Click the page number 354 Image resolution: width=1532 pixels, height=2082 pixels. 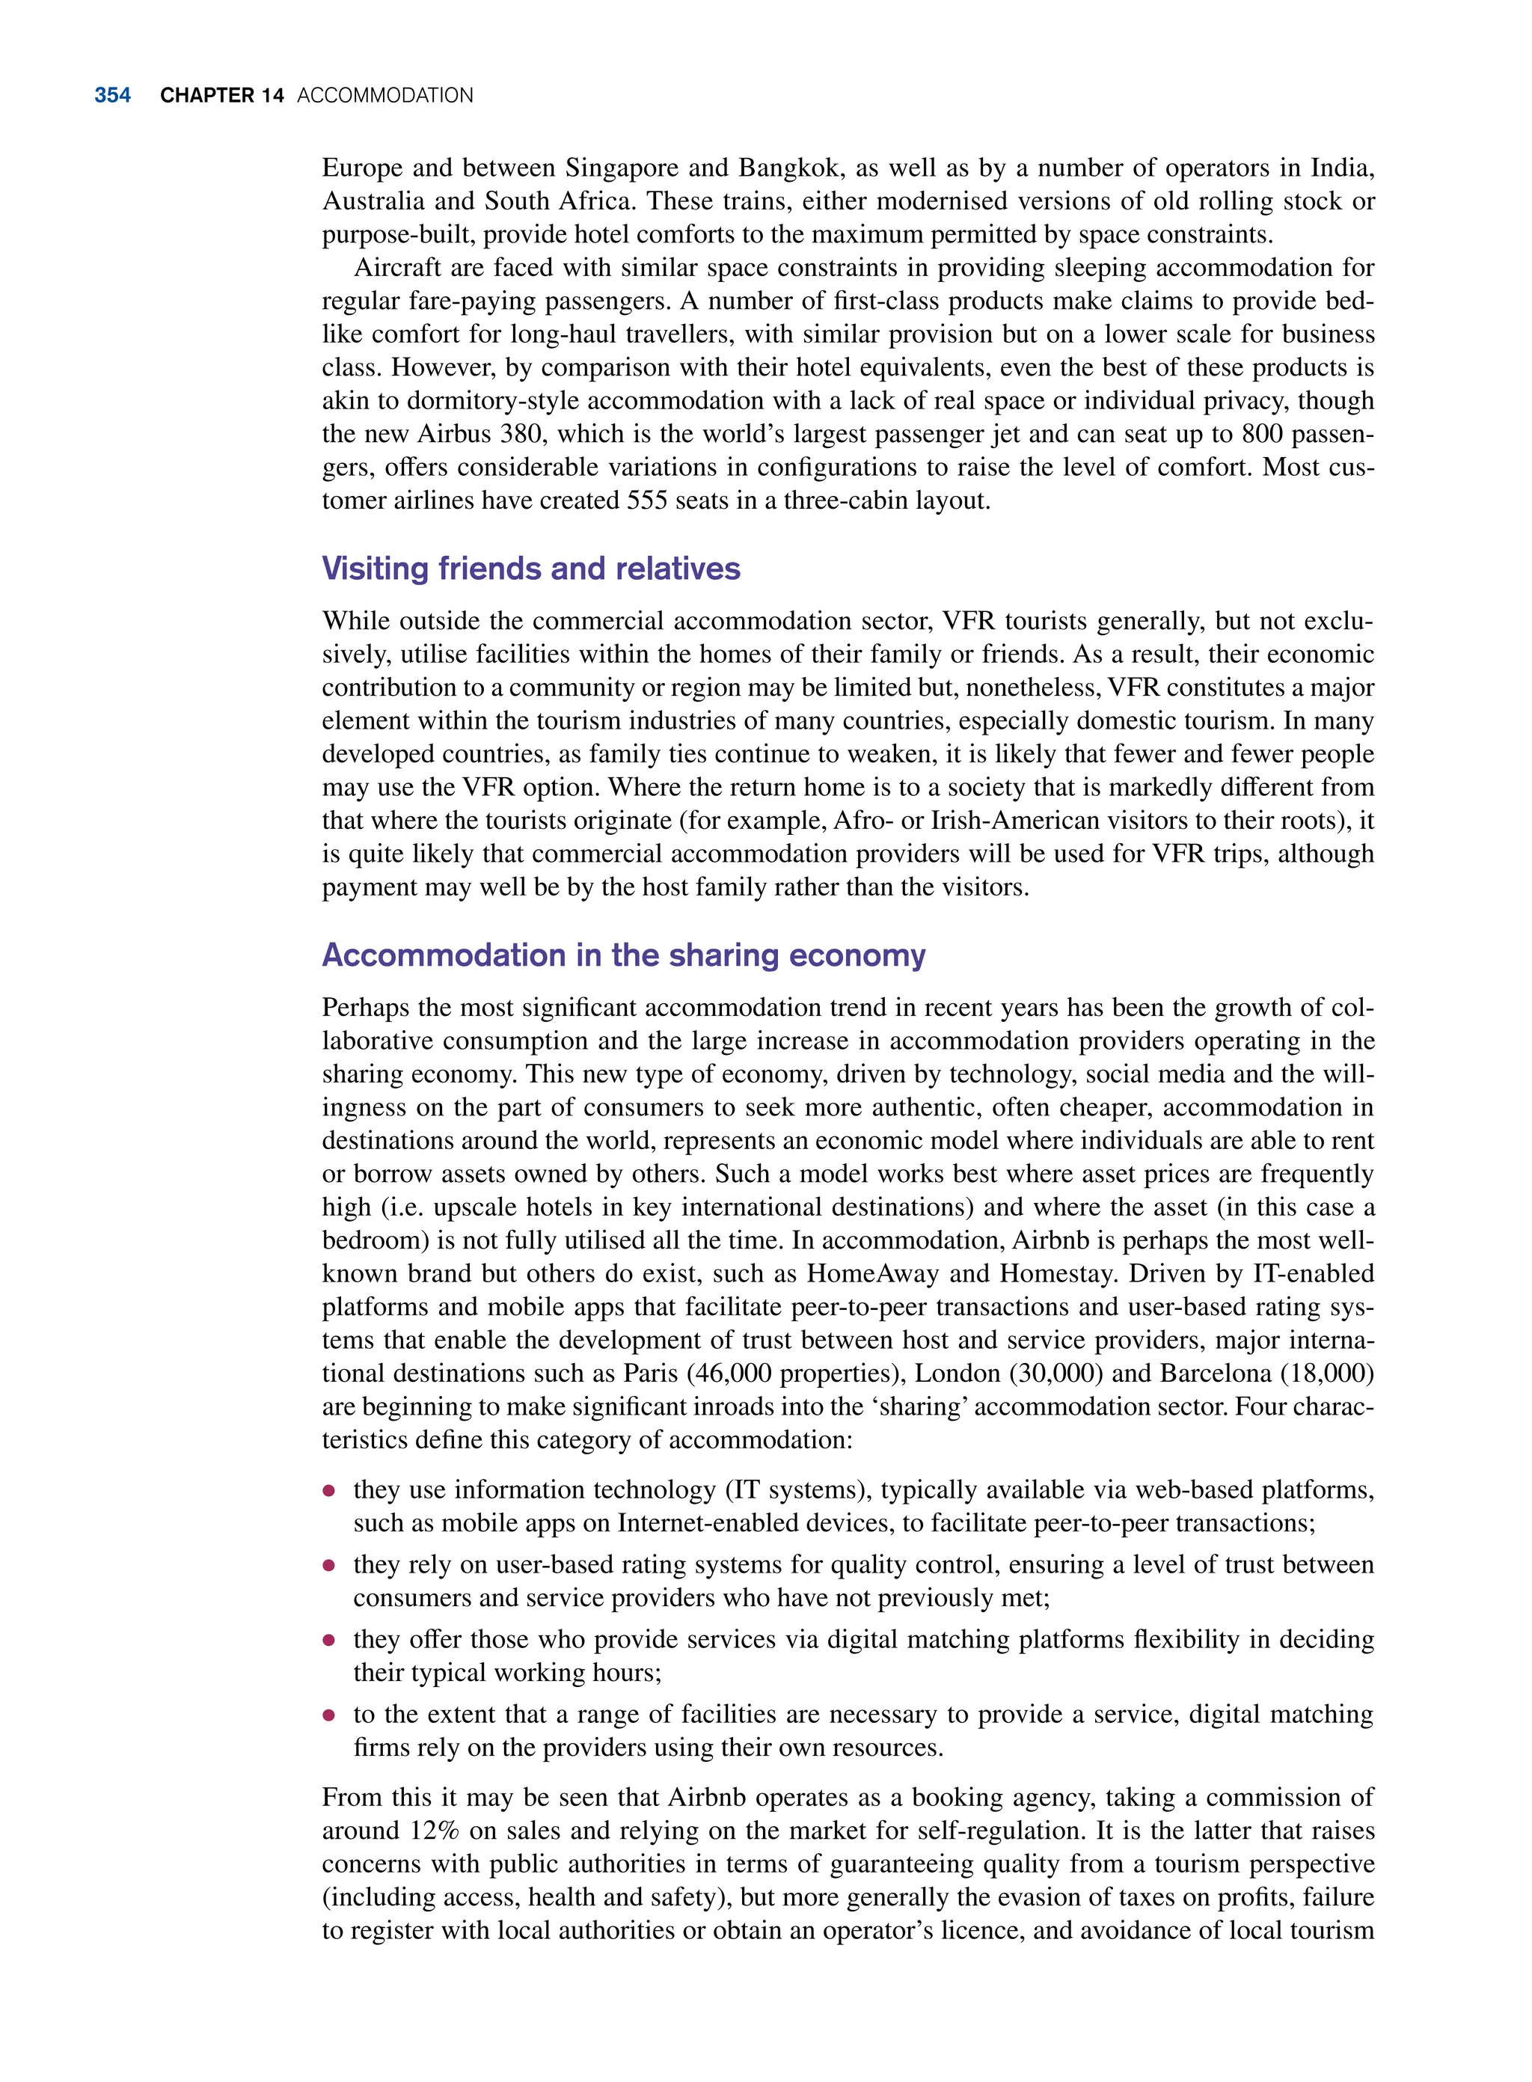pos(112,96)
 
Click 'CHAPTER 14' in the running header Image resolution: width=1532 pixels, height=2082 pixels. pos(221,96)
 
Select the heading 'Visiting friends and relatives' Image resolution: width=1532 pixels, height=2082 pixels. pos(530,569)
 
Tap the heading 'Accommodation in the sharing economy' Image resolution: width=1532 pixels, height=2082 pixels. pos(623,955)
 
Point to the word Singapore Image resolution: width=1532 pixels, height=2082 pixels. pos(620,168)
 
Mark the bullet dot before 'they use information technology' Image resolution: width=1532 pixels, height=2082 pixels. pos(328,1491)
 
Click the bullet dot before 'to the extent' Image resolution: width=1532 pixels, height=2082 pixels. pos(328,1715)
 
